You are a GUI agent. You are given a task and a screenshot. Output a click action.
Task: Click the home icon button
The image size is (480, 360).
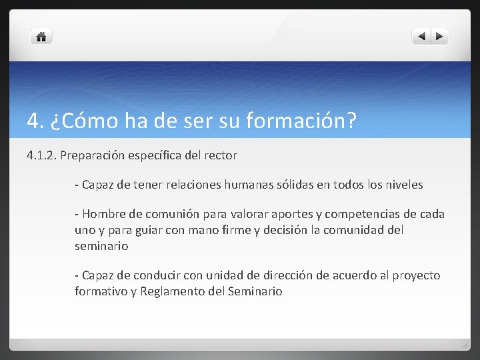tap(41, 37)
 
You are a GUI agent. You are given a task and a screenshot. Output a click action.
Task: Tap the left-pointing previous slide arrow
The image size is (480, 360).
tap(421, 37)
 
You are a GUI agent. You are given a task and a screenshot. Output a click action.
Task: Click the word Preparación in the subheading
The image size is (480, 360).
tap(91, 155)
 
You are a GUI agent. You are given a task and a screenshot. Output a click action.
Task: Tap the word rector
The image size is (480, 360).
tap(220, 155)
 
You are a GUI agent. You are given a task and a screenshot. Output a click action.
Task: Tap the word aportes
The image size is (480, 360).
tap(295, 214)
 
